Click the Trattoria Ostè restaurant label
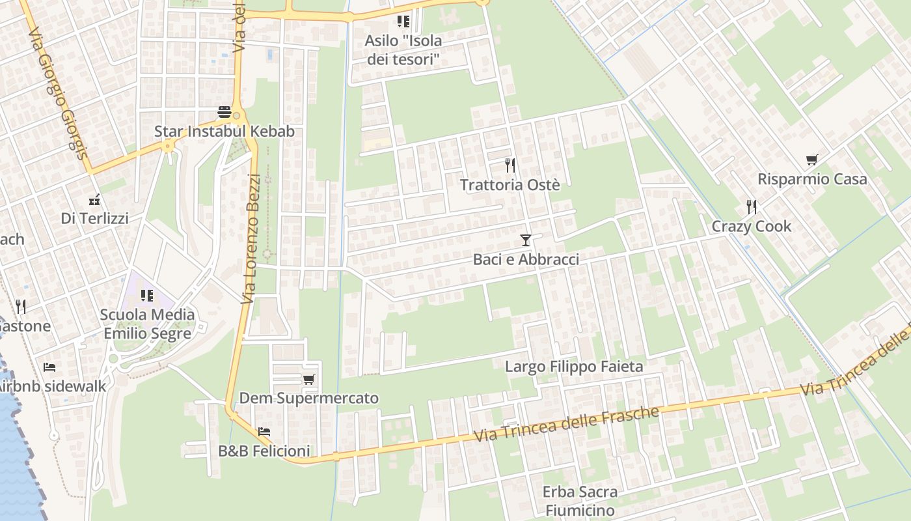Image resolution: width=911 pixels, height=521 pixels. [510, 185]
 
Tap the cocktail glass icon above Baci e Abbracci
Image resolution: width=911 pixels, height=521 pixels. [526, 240]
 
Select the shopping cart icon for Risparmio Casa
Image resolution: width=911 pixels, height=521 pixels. [811, 160]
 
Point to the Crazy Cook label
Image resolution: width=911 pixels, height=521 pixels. [752, 227]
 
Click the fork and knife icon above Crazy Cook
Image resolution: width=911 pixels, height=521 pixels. [752, 207]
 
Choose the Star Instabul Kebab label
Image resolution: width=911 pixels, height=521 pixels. [224, 132]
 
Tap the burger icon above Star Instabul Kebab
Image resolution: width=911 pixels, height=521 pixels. [224, 112]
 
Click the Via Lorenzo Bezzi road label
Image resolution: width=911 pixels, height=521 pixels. [251, 238]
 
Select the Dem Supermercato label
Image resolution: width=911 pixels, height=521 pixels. [308, 398]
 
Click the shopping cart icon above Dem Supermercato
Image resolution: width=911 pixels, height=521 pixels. [308, 379]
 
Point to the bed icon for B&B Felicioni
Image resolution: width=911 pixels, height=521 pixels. [264, 431]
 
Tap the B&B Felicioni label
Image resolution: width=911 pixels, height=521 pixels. [264, 451]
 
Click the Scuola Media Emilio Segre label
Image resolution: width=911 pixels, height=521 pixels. [147, 324]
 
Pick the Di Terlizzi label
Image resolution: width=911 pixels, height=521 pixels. [94, 219]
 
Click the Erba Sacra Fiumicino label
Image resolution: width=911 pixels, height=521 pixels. [579, 500]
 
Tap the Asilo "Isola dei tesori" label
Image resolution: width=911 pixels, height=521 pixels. [403, 50]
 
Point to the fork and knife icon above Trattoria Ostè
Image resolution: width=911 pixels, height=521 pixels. [510, 165]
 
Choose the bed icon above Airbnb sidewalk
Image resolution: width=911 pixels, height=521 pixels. [49, 367]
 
